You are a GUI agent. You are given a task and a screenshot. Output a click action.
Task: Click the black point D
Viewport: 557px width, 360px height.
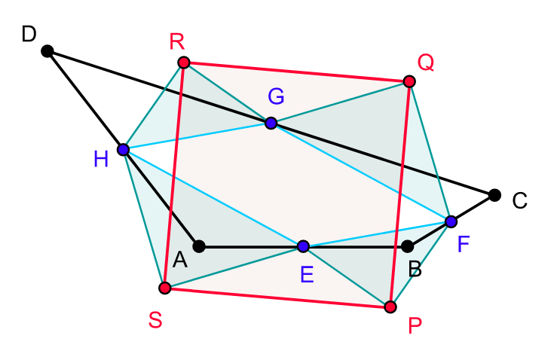(47, 51)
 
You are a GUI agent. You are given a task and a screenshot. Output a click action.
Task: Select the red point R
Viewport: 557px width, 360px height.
(183, 63)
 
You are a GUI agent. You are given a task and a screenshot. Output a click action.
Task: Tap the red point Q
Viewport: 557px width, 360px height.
(409, 81)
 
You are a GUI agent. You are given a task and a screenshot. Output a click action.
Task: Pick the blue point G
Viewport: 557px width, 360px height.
(271, 123)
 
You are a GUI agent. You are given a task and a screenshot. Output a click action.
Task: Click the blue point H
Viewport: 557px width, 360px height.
(124, 150)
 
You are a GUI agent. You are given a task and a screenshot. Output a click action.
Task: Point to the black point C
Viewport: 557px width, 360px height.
(494, 195)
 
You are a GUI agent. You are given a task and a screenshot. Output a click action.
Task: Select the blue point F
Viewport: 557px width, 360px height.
(451, 221)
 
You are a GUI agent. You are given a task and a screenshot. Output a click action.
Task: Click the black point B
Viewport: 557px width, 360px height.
(407, 246)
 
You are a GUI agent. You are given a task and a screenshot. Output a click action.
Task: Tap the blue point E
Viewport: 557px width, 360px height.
(303, 246)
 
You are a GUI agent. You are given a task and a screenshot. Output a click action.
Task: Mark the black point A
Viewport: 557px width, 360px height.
(199, 246)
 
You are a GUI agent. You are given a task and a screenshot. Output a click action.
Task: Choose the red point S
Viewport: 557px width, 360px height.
(165, 288)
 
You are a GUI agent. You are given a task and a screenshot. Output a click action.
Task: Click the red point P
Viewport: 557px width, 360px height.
(390, 307)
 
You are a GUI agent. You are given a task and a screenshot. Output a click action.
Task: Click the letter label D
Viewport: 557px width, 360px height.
(29, 34)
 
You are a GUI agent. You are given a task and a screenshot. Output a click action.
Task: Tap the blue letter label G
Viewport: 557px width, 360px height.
(276, 96)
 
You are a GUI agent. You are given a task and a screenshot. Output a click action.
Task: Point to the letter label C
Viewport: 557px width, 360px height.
(519, 201)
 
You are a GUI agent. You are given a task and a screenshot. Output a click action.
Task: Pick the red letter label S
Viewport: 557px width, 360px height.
(155, 320)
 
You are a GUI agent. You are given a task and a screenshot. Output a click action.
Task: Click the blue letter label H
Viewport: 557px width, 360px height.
(101, 159)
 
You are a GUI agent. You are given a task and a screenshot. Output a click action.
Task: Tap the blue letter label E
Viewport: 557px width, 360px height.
(306, 275)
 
